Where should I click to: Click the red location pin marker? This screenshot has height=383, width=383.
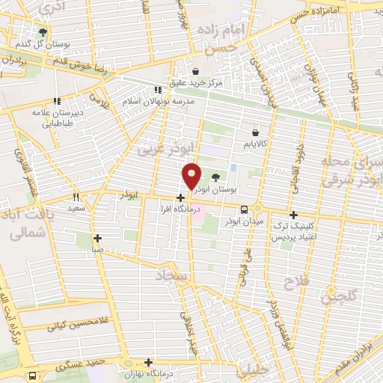tap(192, 177)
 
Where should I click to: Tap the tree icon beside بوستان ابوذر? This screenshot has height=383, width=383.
tap(217, 177)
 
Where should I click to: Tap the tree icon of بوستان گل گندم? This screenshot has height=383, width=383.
tap(42, 31)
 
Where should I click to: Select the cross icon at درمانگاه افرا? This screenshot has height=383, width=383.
tap(180, 197)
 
